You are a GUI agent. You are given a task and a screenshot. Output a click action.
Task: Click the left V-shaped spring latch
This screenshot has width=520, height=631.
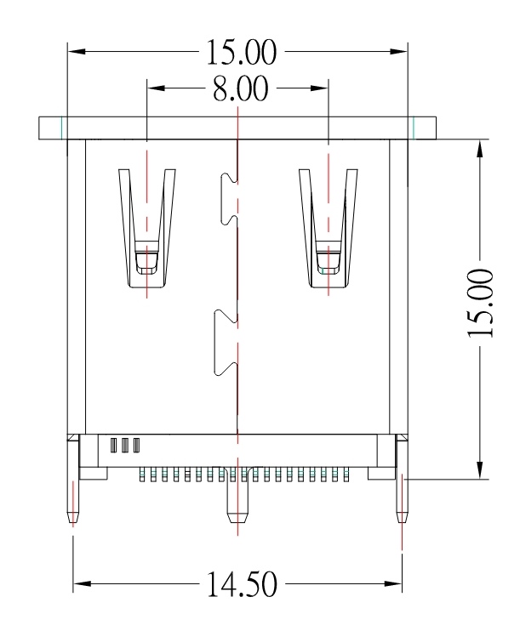[x=147, y=225]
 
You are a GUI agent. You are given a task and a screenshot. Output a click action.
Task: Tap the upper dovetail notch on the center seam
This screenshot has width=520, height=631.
[x=229, y=197]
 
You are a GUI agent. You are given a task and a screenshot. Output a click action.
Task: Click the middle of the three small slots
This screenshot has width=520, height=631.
[x=125, y=445]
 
